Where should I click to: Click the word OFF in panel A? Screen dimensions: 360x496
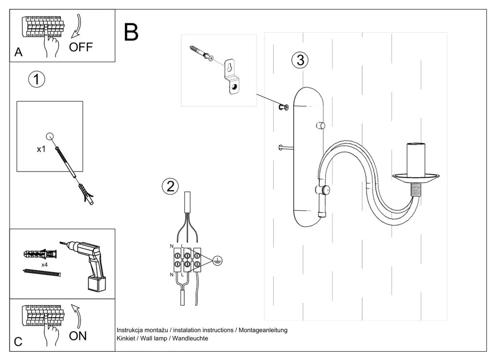[x=81, y=47]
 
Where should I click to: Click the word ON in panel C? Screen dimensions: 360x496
[x=78, y=336]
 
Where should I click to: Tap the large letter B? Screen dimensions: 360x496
[x=131, y=32]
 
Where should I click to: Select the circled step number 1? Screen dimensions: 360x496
[x=37, y=79]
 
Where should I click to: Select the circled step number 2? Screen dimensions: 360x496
[x=170, y=187]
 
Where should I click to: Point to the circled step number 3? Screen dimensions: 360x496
[x=300, y=60]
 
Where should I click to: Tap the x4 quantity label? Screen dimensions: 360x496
[x=44, y=265]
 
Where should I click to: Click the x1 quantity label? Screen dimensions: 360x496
[x=41, y=150]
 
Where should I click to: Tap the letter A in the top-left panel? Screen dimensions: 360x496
[x=18, y=52]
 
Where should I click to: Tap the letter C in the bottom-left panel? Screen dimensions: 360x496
[x=18, y=342]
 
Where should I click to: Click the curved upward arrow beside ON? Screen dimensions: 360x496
[x=76, y=315]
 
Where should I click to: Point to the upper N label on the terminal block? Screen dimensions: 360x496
[x=172, y=247]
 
